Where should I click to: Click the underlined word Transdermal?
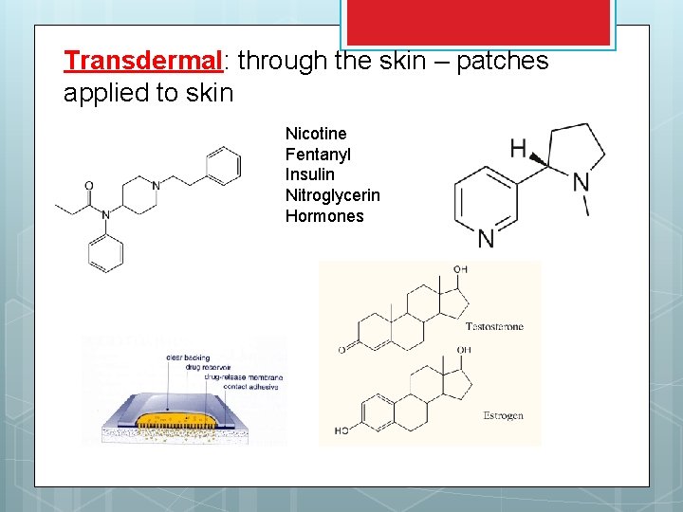(x=142, y=61)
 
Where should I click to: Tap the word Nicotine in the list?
(x=316, y=134)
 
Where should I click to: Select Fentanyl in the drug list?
(x=318, y=155)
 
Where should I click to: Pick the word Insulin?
(x=309, y=174)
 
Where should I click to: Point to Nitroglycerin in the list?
(x=332, y=195)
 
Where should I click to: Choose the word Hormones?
(x=324, y=216)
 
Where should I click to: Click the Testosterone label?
(x=494, y=326)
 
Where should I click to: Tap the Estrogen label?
(x=503, y=415)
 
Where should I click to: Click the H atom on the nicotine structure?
(x=518, y=148)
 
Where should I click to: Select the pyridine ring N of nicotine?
(x=486, y=238)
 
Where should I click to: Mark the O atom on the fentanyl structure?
(x=89, y=186)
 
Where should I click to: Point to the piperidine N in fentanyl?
(x=157, y=185)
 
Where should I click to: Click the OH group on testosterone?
(x=460, y=270)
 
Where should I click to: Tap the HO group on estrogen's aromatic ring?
(x=341, y=431)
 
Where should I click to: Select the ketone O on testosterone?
(x=341, y=350)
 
